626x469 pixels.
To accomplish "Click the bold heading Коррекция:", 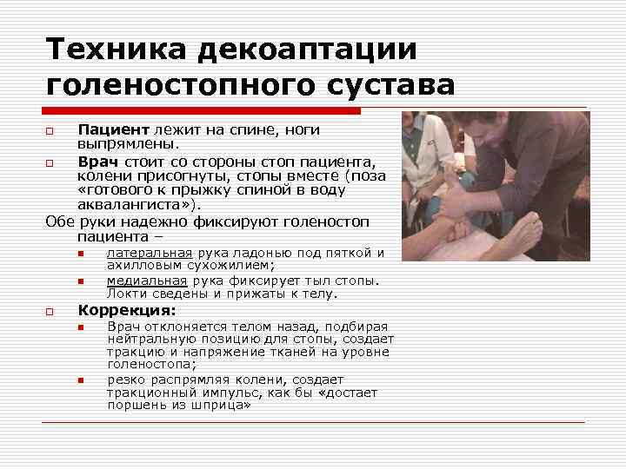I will click(x=127, y=310).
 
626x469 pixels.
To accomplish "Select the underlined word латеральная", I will click(x=145, y=254).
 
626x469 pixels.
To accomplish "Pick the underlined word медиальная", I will click(x=147, y=281).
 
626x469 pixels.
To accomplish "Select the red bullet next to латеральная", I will click(x=79, y=254).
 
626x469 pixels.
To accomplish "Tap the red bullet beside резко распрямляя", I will click(x=79, y=380).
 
